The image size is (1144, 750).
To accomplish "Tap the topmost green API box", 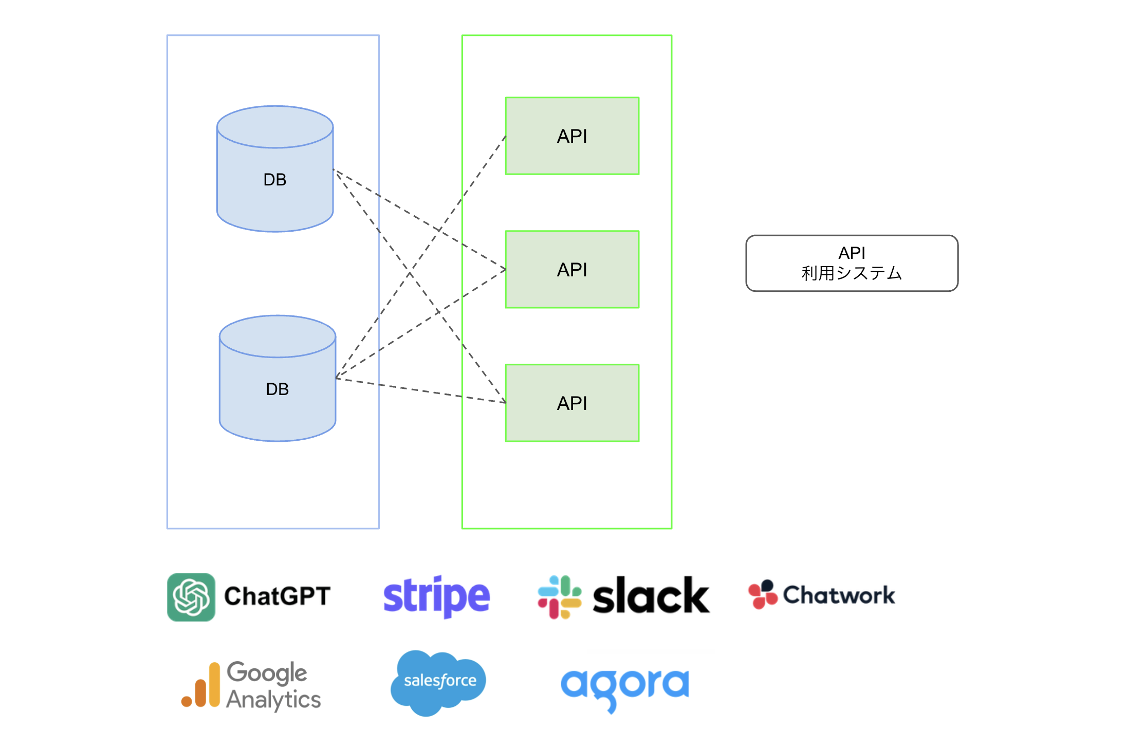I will [572, 136].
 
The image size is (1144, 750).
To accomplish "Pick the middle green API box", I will [572, 270].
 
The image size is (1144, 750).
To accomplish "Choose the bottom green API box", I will [572, 403].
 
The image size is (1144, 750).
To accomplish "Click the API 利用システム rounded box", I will [852, 264].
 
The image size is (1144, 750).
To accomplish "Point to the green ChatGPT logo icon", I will [191, 597].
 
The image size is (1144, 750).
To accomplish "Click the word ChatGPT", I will [277, 596].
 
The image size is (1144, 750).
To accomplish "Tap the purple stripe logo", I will [437, 596].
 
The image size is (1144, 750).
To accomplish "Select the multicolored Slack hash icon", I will [559, 597].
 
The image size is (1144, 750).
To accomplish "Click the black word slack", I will [651, 596].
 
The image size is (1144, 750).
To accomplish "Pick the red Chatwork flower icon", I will [763, 595].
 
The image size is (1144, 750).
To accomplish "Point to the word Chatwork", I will [839, 595].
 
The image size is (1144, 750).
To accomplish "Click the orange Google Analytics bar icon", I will [201, 686].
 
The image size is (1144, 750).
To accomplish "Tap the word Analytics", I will [273, 700].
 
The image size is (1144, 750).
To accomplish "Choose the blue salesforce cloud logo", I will [438, 682].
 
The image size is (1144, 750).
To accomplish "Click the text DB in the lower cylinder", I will [278, 389].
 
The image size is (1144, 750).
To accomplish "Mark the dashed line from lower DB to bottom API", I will [421, 391].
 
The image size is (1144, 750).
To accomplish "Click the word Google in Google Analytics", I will [267, 673].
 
